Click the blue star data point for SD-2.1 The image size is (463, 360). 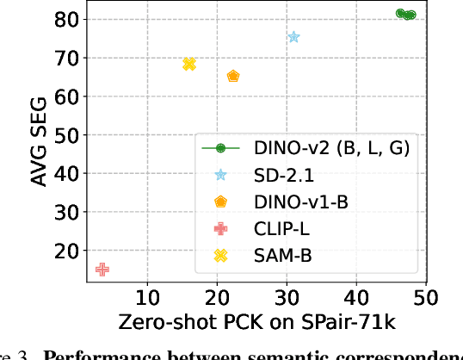pos(293,37)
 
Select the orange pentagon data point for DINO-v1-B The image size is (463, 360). pos(233,76)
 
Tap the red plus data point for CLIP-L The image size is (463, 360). pos(102,270)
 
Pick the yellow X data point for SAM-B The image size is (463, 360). pos(189,64)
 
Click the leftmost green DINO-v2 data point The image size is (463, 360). pos(400,13)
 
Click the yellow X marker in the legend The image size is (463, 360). pos(220,256)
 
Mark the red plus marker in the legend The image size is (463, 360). pos(220,228)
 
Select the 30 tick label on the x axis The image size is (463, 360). pos(287,298)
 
